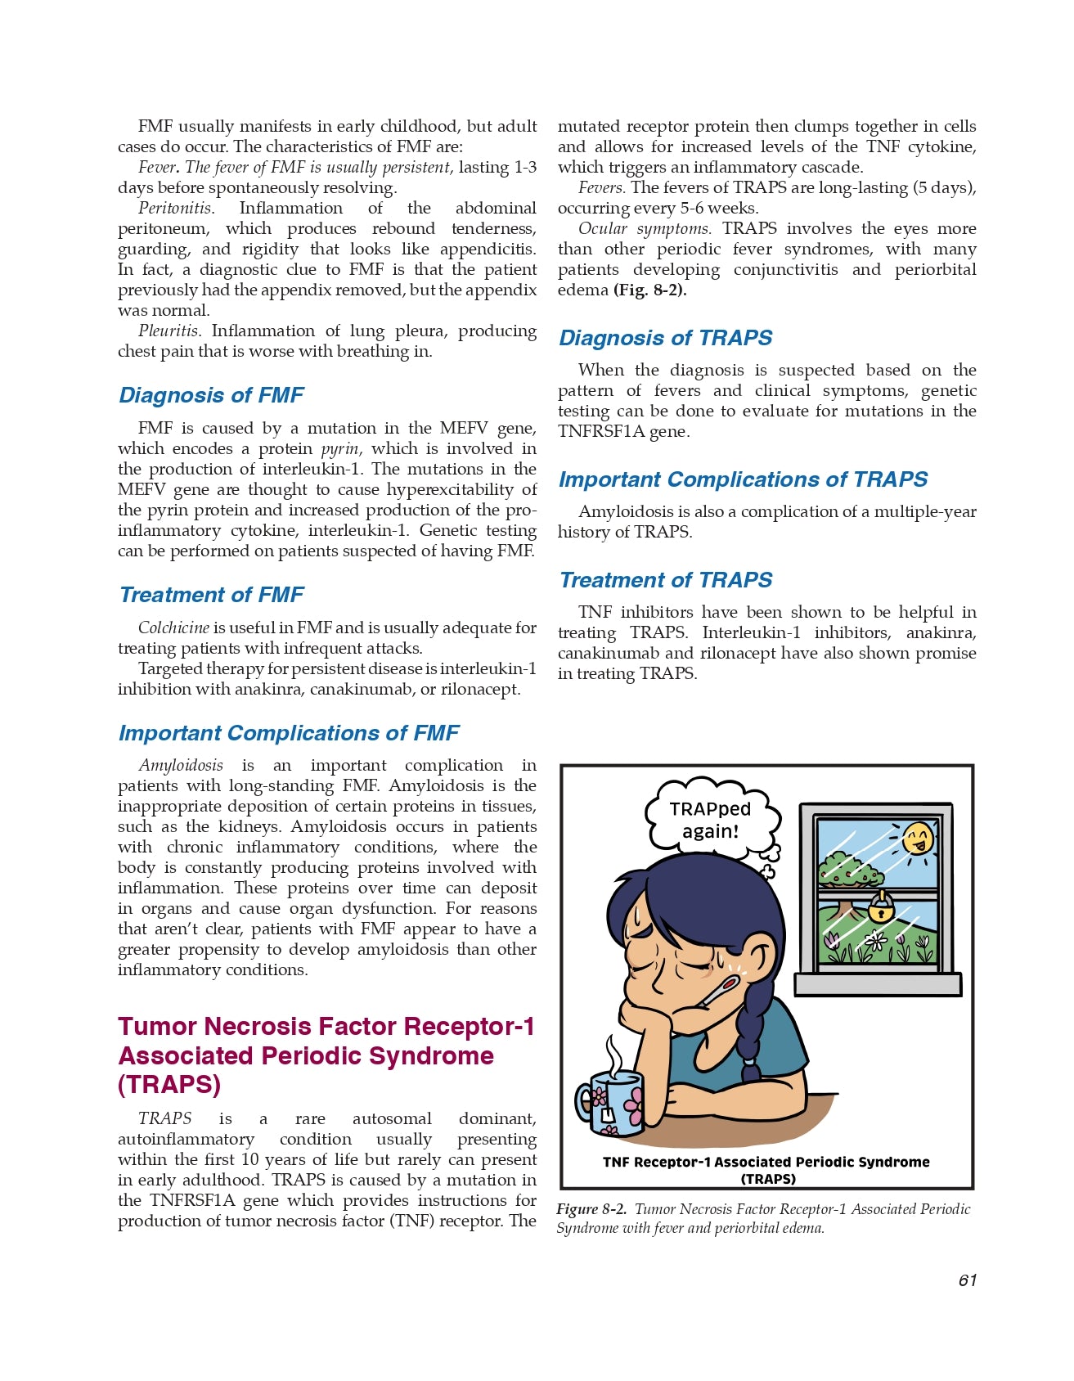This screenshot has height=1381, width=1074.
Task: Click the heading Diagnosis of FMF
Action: click(211, 395)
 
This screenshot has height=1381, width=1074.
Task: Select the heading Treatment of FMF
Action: click(211, 595)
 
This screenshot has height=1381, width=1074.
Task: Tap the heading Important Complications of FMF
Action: click(288, 733)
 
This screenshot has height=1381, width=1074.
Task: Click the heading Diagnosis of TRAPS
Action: click(665, 338)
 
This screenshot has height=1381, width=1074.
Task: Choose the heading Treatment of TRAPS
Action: click(665, 580)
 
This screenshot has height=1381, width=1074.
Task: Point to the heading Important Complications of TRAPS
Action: click(743, 479)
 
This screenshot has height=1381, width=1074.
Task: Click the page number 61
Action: click(967, 1280)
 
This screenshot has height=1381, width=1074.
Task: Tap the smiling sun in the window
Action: click(918, 839)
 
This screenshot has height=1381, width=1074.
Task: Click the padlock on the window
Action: click(880, 906)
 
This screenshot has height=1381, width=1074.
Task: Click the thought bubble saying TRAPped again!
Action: click(709, 820)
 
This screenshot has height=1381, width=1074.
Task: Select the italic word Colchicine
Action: click(173, 628)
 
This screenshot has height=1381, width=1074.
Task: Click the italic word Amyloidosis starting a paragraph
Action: click(181, 765)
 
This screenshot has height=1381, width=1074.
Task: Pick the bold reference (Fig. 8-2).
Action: click(649, 290)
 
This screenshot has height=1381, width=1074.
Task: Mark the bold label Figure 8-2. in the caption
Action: click(591, 1209)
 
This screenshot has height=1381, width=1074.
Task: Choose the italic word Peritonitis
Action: click(175, 209)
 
